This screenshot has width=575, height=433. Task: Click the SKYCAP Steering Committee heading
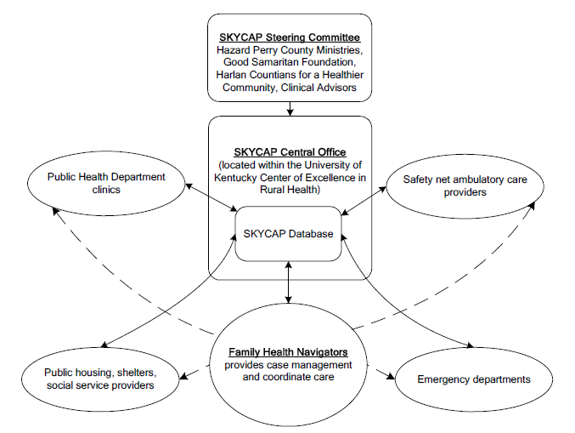tap(290, 37)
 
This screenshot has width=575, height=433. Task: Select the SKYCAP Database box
tap(289, 234)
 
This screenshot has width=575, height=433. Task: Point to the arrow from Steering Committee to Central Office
tap(290, 108)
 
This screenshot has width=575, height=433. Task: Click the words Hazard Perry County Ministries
tap(290, 50)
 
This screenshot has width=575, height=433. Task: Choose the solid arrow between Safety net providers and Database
tap(365, 197)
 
